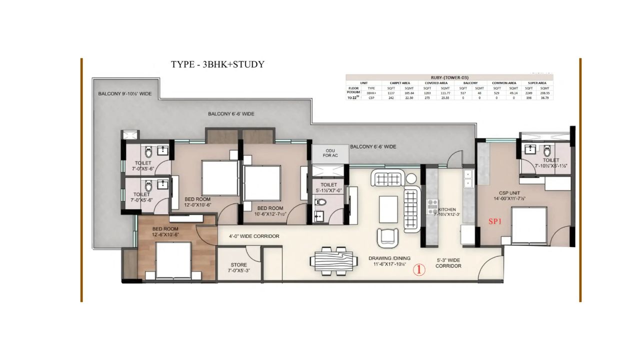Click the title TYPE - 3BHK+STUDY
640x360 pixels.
(217, 64)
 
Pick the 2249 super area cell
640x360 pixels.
(529, 92)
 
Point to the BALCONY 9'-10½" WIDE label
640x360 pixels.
(124, 93)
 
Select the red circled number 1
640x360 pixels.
(419, 270)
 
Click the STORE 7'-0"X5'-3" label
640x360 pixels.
(238, 267)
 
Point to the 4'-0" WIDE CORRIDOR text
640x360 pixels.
(254, 236)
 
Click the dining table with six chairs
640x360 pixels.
(334, 260)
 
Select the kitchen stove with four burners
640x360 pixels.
(432, 207)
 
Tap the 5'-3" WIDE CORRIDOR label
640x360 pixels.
(448, 263)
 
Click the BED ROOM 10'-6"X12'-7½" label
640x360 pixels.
(270, 211)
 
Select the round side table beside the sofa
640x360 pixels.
(411, 178)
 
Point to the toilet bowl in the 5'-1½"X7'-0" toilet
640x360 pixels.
(321, 202)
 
